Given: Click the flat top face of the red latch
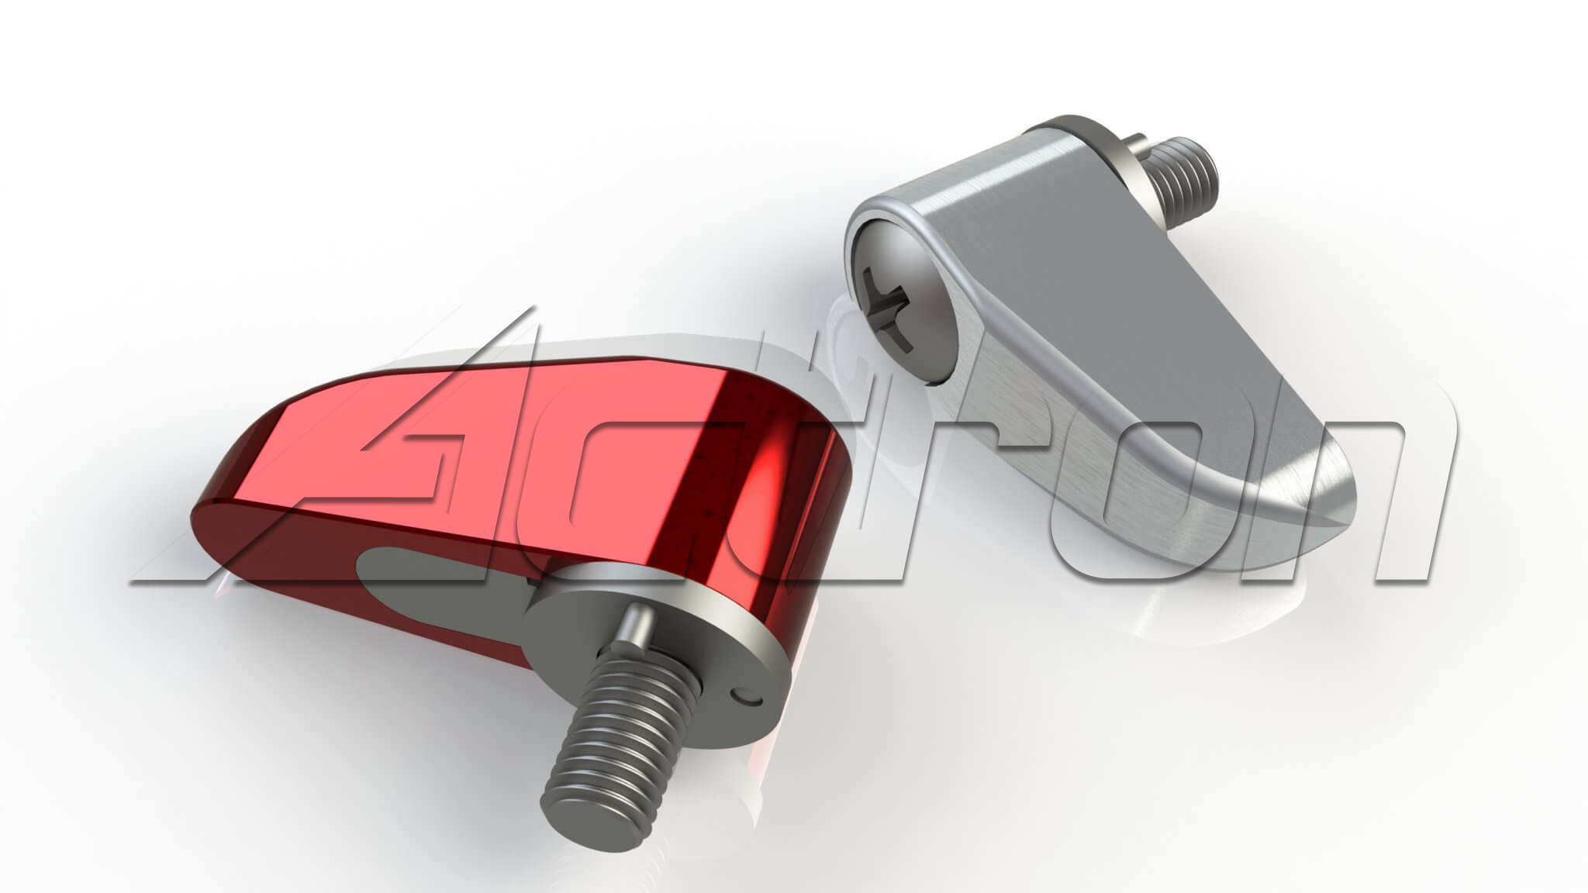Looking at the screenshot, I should pyautogui.click(x=465, y=434).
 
